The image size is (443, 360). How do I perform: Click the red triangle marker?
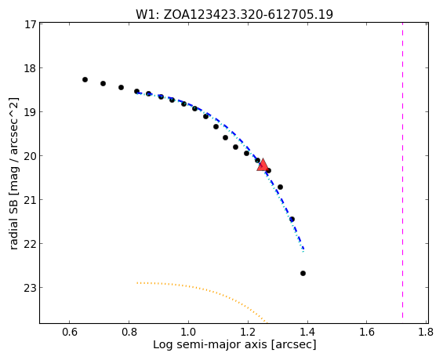pyautogui.click(x=263, y=165)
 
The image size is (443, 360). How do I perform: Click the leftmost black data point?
pyautogui.click(x=85, y=80)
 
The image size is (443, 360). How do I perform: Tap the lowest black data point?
pyautogui.click(x=303, y=273)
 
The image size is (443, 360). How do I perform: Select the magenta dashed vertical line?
pyautogui.click(x=402, y=173)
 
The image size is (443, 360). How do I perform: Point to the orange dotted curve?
pyautogui.click(x=198, y=288)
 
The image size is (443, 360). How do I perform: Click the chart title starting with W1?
pyautogui.click(x=234, y=14)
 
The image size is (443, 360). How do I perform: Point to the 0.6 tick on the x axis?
pyautogui.click(x=70, y=332)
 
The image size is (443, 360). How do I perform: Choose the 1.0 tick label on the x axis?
pyautogui.click(x=188, y=332)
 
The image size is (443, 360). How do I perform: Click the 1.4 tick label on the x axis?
pyautogui.click(x=307, y=332)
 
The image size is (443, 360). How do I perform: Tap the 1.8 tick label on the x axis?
pyautogui.click(x=427, y=332)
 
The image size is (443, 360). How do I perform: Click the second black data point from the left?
pyautogui.click(x=103, y=83)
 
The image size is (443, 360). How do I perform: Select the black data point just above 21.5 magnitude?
pyautogui.click(x=292, y=220)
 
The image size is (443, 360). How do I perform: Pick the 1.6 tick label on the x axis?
pyautogui.click(x=367, y=332)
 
